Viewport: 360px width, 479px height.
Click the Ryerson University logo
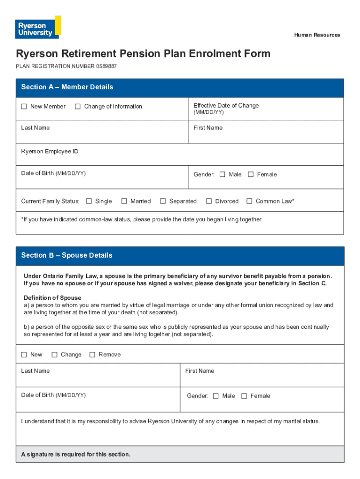(38, 27)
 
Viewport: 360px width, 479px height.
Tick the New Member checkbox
(24, 107)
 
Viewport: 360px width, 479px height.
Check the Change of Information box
(78, 107)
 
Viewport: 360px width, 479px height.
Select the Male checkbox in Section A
(223, 174)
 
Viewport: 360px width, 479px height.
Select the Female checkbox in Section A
(251, 174)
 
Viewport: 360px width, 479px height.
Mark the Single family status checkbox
(89, 201)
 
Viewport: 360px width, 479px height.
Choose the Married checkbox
(124, 201)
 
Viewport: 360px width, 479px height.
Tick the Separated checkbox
(163, 201)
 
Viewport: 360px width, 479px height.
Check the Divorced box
(209, 201)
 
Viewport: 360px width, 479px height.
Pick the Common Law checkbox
(249, 201)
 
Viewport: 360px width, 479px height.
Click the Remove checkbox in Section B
(92, 355)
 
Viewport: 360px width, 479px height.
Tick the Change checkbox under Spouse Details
(54, 355)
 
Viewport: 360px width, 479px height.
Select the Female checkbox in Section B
(244, 396)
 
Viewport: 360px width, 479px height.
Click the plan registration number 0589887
(107, 66)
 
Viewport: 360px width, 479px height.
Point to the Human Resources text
(317, 35)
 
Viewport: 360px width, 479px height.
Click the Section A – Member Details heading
(67, 87)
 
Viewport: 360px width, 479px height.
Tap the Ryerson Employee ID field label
(50, 152)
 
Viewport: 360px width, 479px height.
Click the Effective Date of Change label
(226, 106)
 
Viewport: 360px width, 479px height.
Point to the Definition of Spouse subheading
(52, 298)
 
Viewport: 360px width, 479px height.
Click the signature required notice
(76, 454)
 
